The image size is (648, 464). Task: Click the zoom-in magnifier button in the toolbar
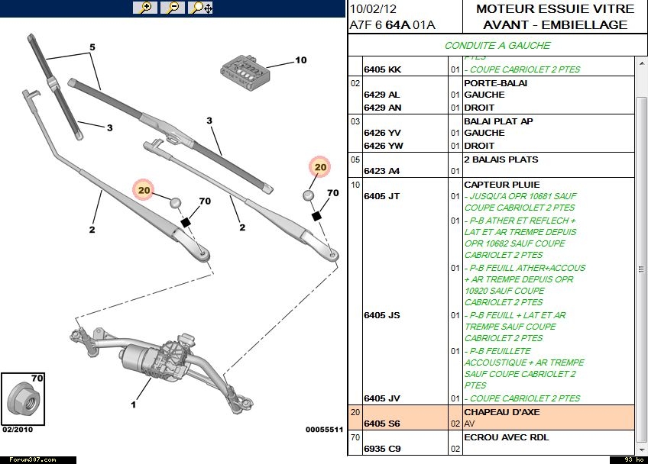point(145,8)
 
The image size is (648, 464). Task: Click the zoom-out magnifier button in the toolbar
point(173,8)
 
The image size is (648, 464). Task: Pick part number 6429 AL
point(381,95)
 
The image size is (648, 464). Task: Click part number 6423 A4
point(381,171)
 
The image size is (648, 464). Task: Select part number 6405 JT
point(381,196)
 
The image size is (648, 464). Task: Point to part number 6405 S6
point(381,424)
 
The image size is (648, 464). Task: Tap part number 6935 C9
point(381,449)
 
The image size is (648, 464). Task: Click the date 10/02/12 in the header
point(372,9)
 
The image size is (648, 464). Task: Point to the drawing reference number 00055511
point(324,430)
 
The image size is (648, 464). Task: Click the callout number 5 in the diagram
point(92,47)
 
